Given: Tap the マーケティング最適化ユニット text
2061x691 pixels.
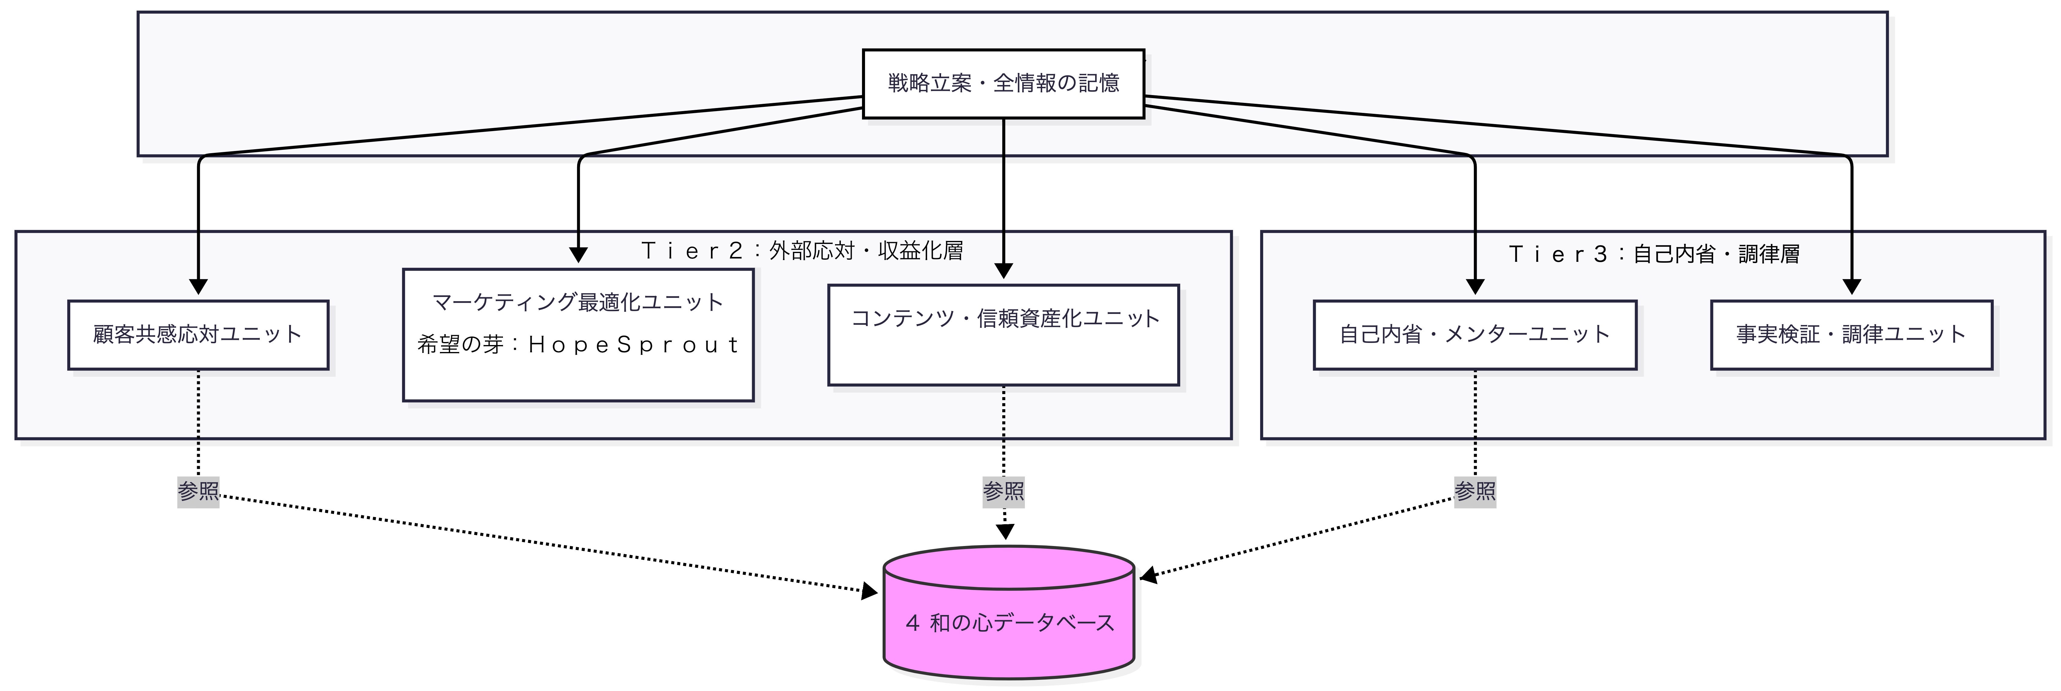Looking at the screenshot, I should click(578, 302).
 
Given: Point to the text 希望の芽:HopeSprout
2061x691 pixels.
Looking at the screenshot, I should click(578, 345).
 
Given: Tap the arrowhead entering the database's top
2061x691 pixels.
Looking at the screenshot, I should click(1005, 532).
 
